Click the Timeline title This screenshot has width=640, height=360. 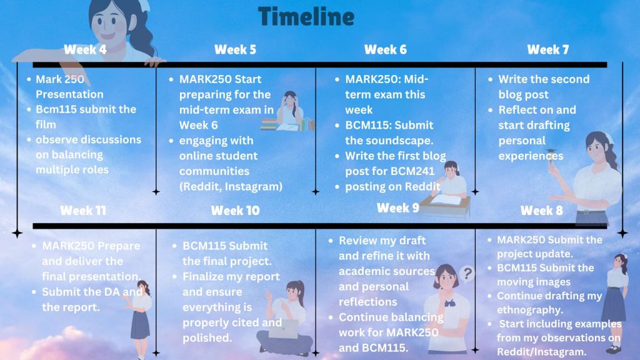[306, 17]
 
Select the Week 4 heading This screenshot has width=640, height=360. [85, 50]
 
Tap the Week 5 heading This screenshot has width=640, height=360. [235, 50]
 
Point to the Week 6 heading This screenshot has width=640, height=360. [385, 50]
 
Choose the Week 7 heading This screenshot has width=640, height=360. [547, 50]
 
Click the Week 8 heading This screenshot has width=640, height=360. [542, 211]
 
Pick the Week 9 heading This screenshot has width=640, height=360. [398, 207]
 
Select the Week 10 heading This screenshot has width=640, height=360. [235, 211]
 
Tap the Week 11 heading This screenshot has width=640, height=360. [83, 211]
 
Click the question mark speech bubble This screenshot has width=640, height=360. [467, 273]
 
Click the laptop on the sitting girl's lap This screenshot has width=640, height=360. [284, 329]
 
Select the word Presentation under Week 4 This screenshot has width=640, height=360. [69, 94]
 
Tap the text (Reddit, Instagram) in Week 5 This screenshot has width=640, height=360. [231, 186]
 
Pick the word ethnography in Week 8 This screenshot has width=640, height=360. [530, 310]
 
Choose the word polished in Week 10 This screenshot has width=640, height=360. [207, 338]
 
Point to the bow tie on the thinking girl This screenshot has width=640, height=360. [450, 303]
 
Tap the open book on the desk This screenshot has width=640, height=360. [446, 199]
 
